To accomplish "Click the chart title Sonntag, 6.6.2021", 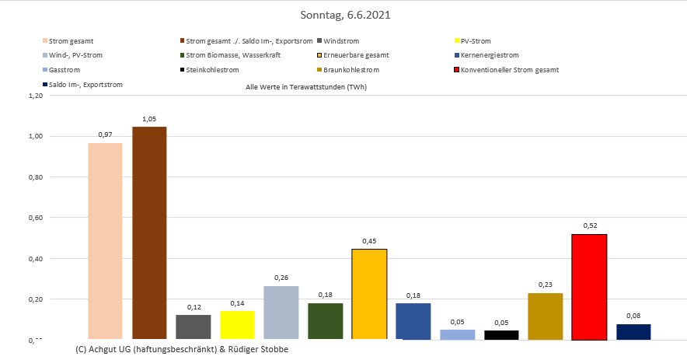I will pos(343,15).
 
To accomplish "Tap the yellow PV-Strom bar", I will pos(237,325).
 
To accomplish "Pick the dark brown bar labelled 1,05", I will pos(149,232).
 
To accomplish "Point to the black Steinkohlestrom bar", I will pos(501,335).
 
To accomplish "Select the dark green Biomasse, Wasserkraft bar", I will pos(326,321).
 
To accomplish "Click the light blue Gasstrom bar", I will pos(457,334).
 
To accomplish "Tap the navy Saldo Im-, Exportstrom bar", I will pos(633,332).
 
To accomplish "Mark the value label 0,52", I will pos(589,225).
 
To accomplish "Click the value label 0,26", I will pos(281,278).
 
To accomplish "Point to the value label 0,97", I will pos(105,135).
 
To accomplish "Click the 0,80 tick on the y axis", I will pos(33,177).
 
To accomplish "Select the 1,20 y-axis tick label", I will pos(33,96).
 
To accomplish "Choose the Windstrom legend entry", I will pos(345,40).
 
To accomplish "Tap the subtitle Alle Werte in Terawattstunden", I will pos(306,87).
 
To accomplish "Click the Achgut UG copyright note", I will pos(183,349).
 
